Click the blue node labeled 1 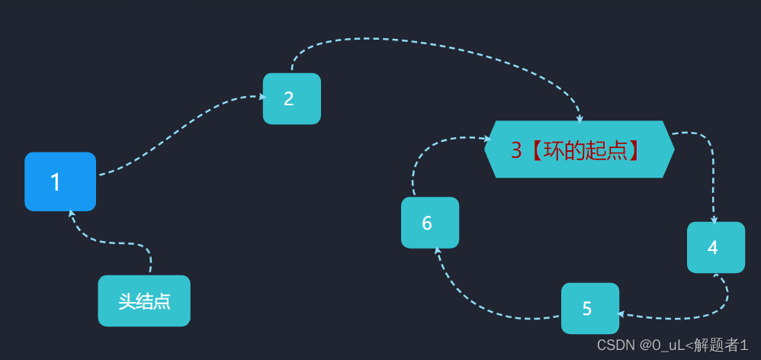pos(60,182)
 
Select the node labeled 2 pos(292,98)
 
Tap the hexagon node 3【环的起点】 pos(579,149)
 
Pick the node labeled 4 pos(716,247)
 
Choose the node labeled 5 pos(590,308)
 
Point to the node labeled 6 pos(430,223)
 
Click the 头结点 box pos(144,301)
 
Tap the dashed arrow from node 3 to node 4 pos(711,160)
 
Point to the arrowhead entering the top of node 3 pos(580,119)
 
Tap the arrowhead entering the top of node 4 pos(714,220)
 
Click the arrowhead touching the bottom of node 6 pos(437,250)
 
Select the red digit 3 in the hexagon pos(516,151)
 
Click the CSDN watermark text pos(673,345)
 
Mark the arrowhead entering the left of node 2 pos(263,97)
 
